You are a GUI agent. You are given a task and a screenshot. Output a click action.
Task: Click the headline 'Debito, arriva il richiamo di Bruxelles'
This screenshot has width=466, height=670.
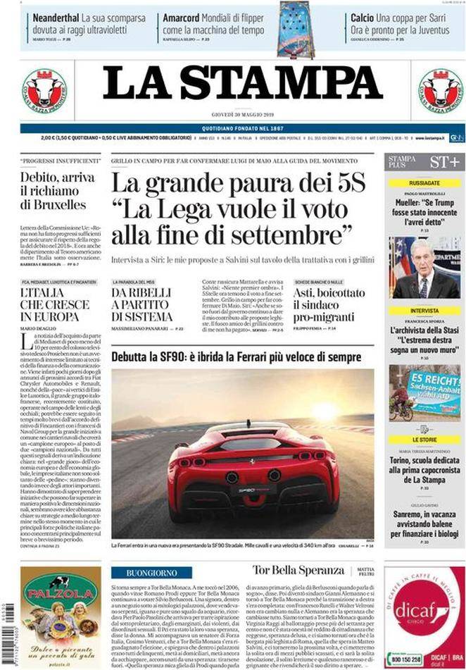pos(53,191)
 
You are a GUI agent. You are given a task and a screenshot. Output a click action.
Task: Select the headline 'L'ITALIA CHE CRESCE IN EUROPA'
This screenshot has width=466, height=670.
pos(55,305)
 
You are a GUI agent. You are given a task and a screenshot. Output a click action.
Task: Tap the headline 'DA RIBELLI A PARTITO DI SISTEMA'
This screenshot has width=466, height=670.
pos(141,305)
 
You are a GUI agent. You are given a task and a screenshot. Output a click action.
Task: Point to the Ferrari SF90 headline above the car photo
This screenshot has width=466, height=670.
pos(236,357)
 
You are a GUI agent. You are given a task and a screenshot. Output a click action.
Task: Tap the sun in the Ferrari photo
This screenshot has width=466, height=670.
pos(325,411)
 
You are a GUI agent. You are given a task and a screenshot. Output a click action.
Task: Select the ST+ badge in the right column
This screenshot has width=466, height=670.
pos(445,162)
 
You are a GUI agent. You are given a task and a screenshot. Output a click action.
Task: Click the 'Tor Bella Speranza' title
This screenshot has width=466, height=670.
pos(298,570)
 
